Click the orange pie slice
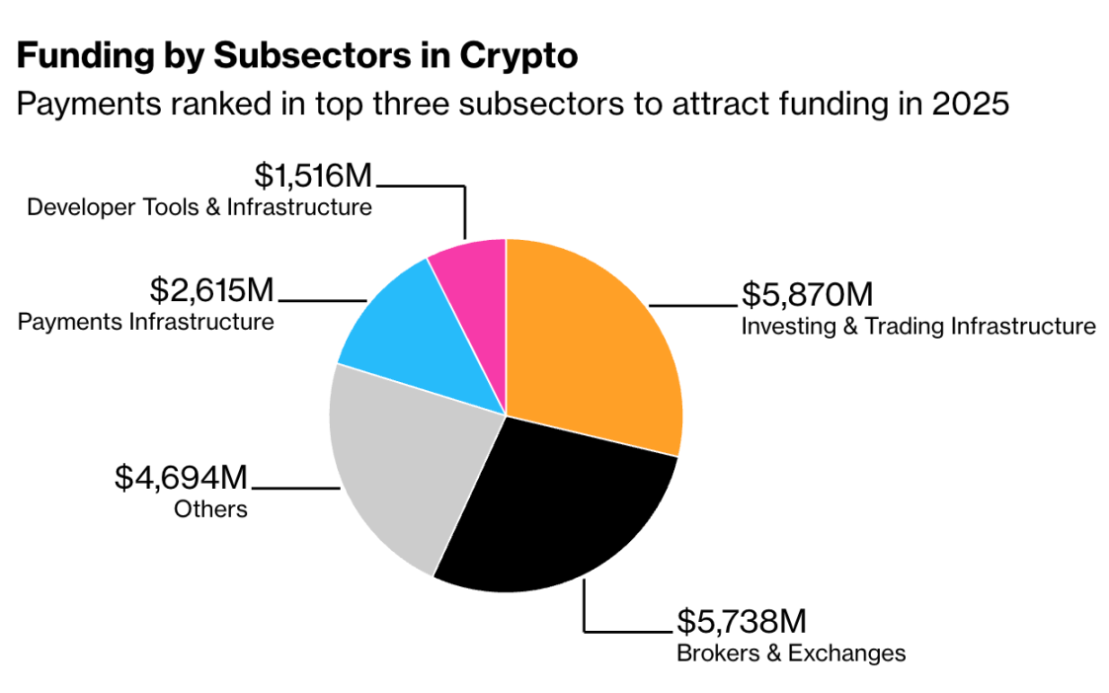pyautogui.click(x=593, y=346)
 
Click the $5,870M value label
pyautogui.click(x=807, y=295)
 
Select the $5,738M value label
pyautogui.click(x=741, y=622)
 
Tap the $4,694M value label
pyautogui.click(x=181, y=479)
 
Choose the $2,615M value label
pyautogui.click(x=211, y=290)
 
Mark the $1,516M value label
pyautogui.click(x=313, y=176)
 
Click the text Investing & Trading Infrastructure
pyautogui.click(x=917, y=327)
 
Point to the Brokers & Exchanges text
pyautogui.click(x=790, y=654)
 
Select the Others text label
pyautogui.click(x=210, y=510)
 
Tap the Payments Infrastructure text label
pyautogui.click(x=146, y=322)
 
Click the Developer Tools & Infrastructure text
pyautogui.click(x=199, y=207)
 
